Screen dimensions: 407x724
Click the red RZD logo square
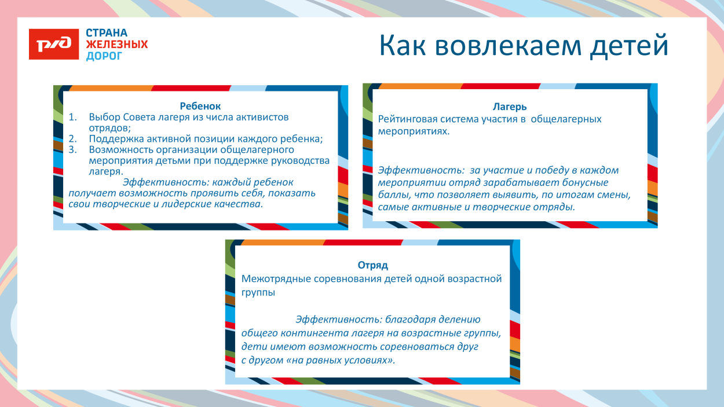click(x=53, y=44)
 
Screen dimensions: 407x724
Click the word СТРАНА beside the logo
click(x=107, y=33)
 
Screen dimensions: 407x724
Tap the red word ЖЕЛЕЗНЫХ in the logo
click(x=117, y=45)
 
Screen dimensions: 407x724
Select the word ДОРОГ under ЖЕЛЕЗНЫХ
click(x=104, y=56)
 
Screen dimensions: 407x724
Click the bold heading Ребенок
click(x=200, y=106)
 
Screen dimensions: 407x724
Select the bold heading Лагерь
click(x=510, y=107)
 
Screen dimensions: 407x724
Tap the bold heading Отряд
click(x=372, y=265)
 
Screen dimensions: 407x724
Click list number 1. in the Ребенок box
click(x=73, y=118)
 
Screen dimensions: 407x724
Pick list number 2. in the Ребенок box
click(x=73, y=139)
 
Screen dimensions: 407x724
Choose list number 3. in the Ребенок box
click(x=73, y=150)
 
